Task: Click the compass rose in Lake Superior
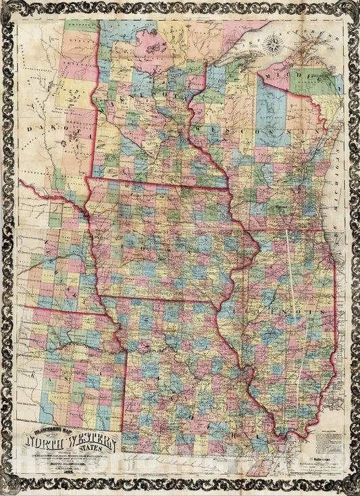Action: tap(274, 45)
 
